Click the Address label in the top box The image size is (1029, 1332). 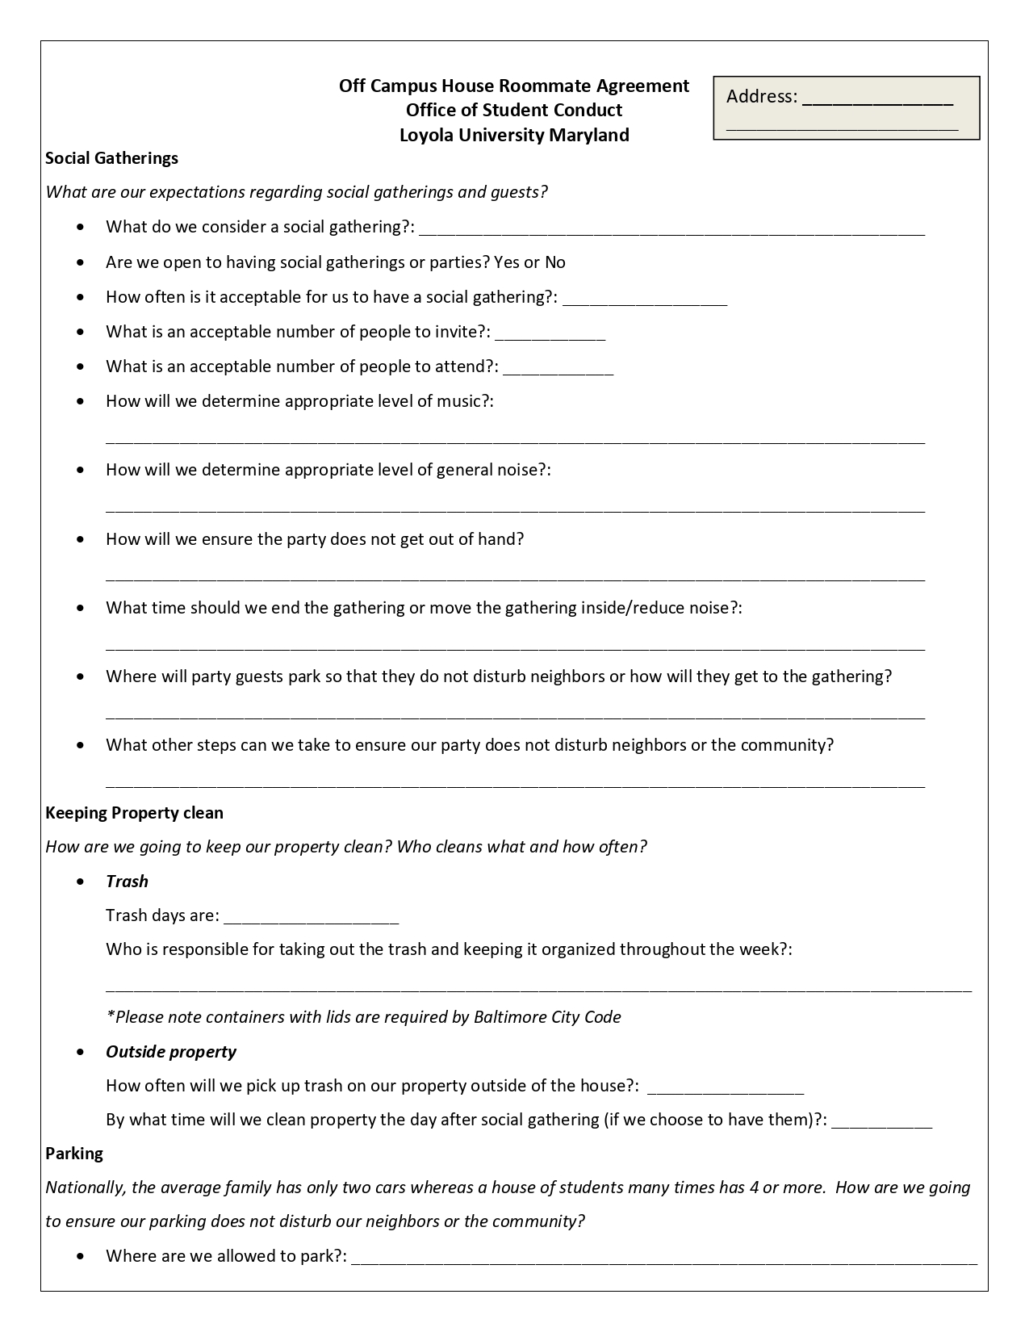pyautogui.click(x=761, y=97)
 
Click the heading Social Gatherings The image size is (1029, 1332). pyautogui.click(x=111, y=158)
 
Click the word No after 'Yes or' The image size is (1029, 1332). pyautogui.click(x=555, y=262)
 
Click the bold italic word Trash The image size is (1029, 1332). pyautogui.click(x=127, y=882)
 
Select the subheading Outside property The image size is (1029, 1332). pyautogui.click(x=171, y=1052)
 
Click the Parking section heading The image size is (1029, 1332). pyautogui.click(x=74, y=1154)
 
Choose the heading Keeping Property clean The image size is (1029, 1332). pyautogui.click(x=134, y=813)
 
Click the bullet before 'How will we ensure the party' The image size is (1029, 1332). pyautogui.click(x=79, y=539)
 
